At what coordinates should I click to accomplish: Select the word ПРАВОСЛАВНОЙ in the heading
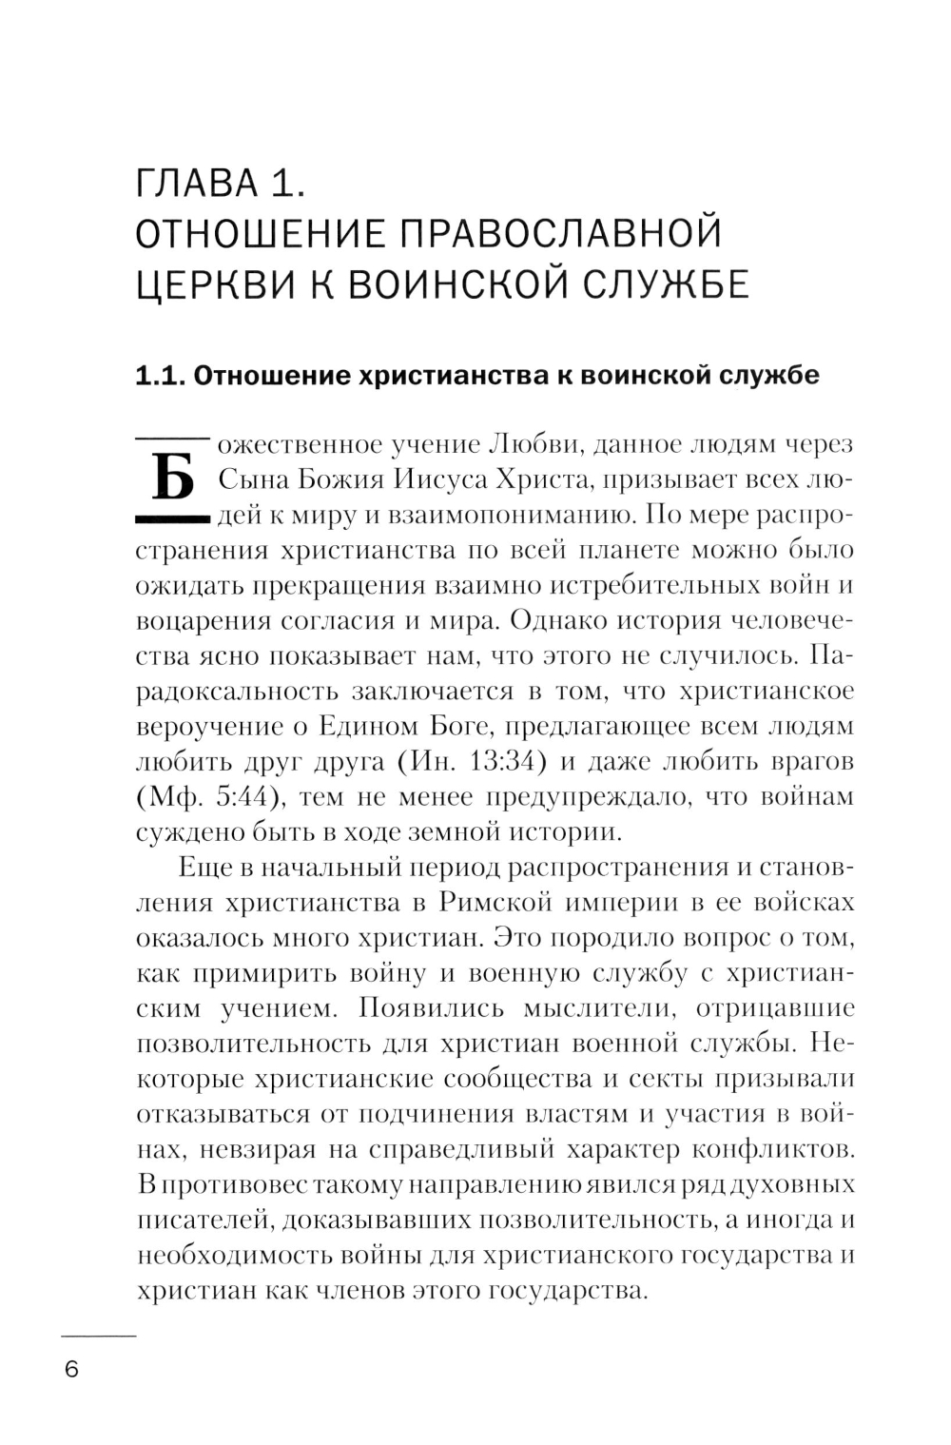[557, 234]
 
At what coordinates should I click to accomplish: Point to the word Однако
[556, 620]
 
